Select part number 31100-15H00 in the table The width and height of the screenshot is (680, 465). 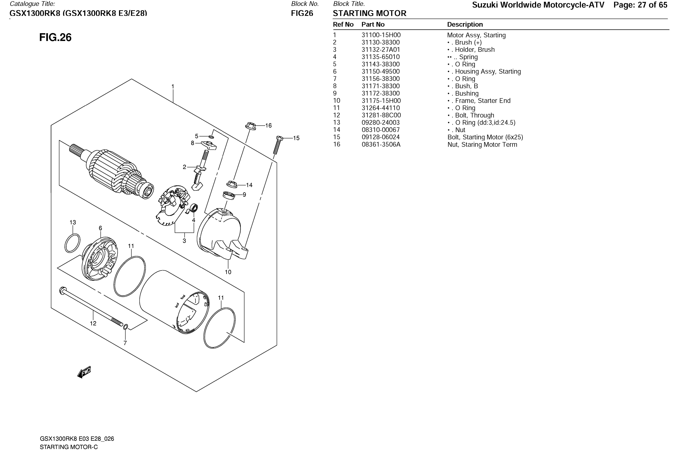(x=381, y=35)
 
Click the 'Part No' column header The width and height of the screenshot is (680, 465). (x=373, y=25)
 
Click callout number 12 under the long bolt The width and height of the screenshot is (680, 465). (x=93, y=323)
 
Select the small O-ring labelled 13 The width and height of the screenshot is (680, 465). (x=72, y=243)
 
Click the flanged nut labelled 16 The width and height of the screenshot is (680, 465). (x=250, y=126)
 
